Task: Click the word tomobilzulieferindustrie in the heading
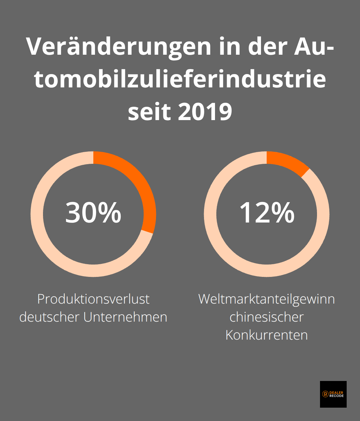point(180,79)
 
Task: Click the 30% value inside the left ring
point(93,213)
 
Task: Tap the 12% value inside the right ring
point(267,213)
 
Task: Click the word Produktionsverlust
point(93,299)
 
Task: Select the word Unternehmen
point(125,317)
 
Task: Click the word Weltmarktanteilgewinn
point(267,299)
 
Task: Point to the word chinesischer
point(267,317)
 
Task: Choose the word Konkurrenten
point(267,335)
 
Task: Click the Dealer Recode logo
point(333,394)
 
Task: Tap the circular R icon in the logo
point(325,394)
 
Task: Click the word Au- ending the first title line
point(313,46)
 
